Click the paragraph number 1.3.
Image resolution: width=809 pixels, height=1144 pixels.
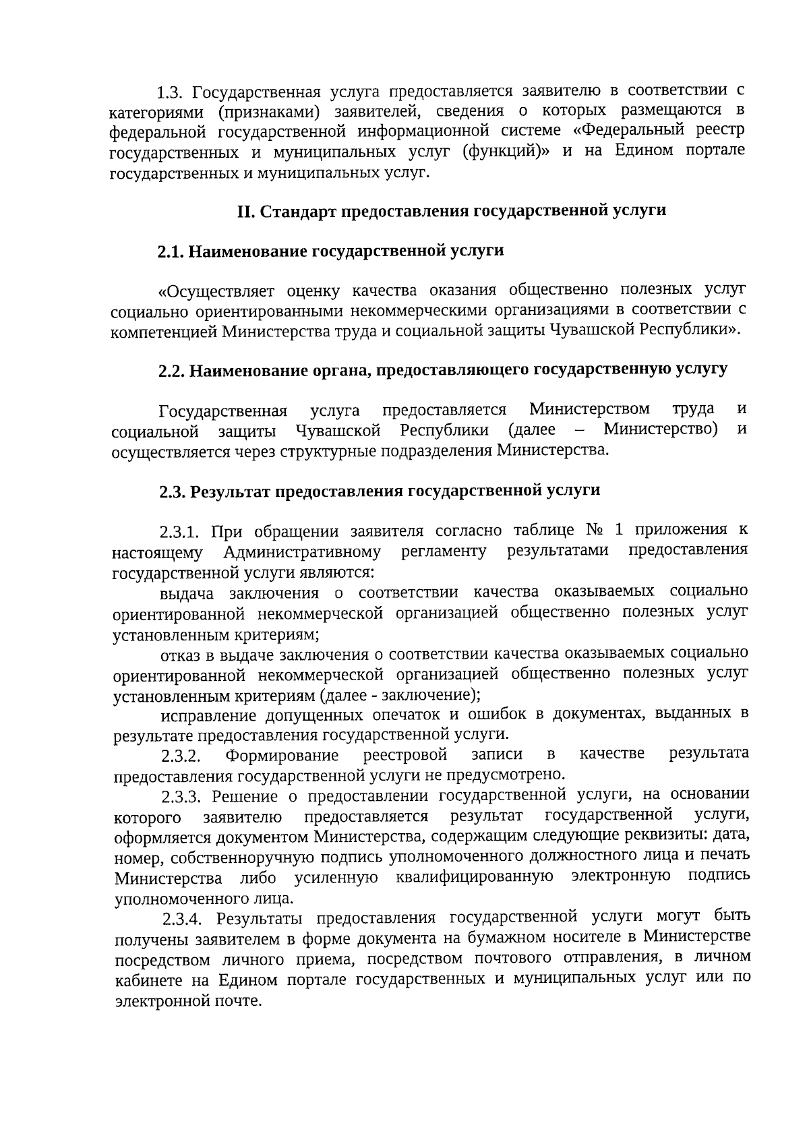coord(169,90)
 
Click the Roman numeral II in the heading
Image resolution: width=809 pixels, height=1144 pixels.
coord(245,211)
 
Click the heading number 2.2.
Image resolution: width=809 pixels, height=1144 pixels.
coord(172,371)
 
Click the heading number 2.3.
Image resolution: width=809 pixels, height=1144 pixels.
coord(173,491)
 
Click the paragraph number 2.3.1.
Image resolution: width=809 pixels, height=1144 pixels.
coord(180,533)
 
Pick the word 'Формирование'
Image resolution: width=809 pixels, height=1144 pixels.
coord(282,755)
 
